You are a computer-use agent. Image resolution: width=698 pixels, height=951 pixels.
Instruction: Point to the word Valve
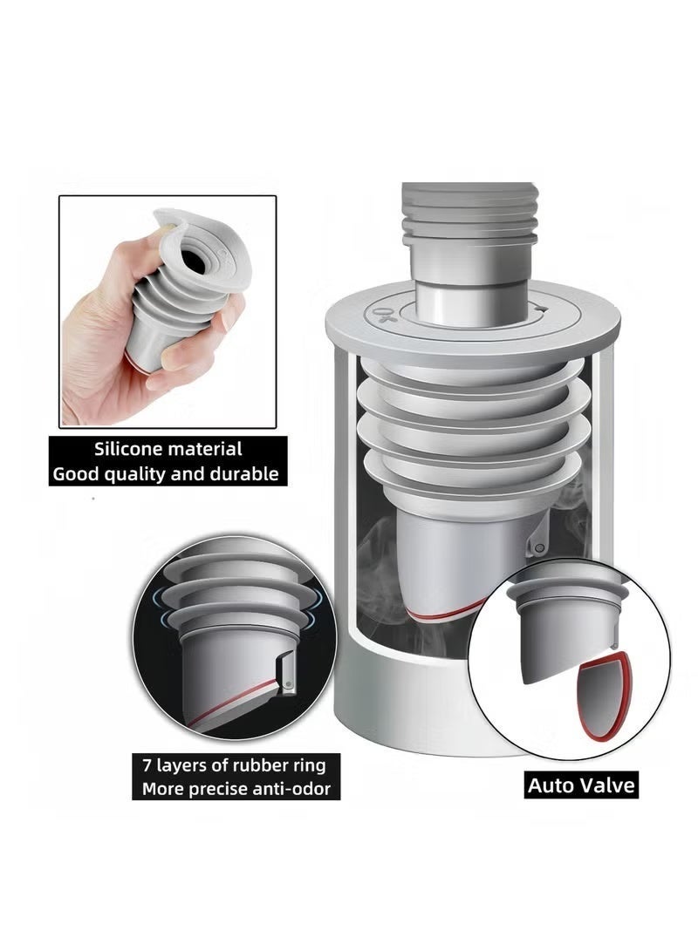coord(603,785)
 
